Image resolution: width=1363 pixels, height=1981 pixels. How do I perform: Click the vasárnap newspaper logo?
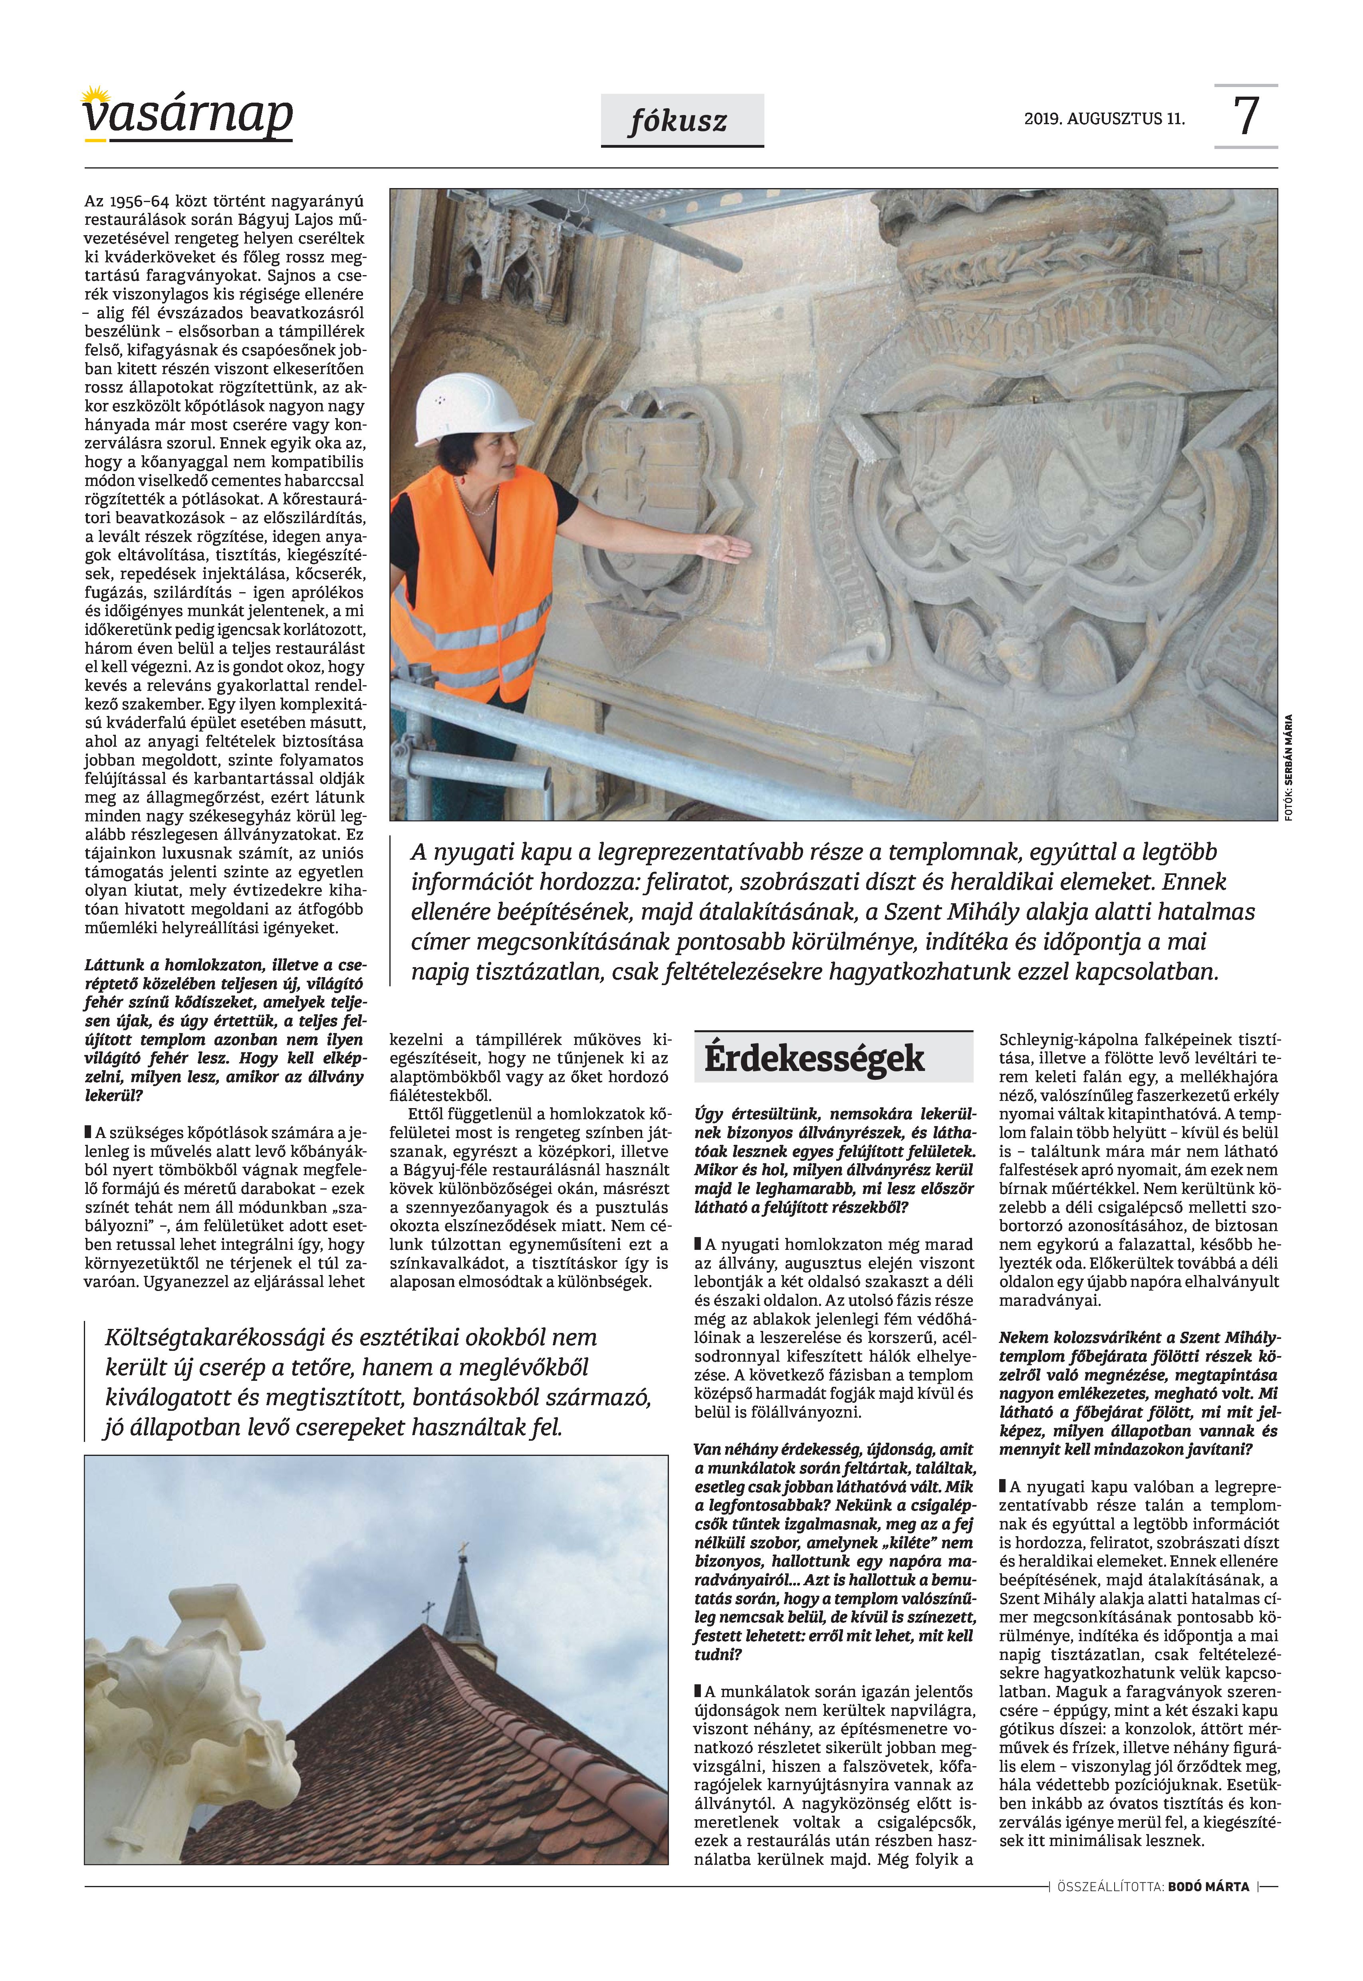(x=188, y=115)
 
